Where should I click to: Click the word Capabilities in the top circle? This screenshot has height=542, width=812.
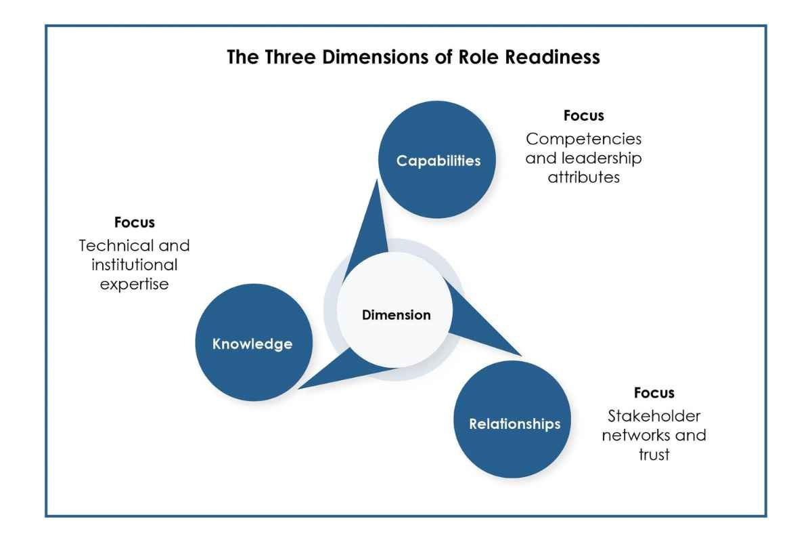[x=438, y=161]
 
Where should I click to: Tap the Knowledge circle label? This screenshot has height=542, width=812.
[x=252, y=343]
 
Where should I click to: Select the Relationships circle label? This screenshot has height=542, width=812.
[x=515, y=423]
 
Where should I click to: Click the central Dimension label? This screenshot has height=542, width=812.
[x=397, y=315]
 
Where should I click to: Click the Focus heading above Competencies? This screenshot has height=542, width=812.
[x=583, y=115]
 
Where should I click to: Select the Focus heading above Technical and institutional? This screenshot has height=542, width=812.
[x=135, y=222]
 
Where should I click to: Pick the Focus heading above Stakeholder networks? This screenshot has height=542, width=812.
[x=654, y=392]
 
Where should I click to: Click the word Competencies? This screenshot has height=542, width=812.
[x=583, y=139]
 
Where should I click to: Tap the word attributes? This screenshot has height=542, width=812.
[x=583, y=178]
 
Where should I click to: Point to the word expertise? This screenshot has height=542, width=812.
[x=135, y=285]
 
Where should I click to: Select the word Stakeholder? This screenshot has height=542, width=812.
[x=654, y=416]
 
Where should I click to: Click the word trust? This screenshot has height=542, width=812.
[x=654, y=455]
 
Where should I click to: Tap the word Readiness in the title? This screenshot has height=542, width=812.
[x=552, y=57]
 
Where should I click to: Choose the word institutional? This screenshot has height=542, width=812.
[x=135, y=265]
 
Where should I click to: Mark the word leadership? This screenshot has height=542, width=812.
[x=601, y=159]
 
